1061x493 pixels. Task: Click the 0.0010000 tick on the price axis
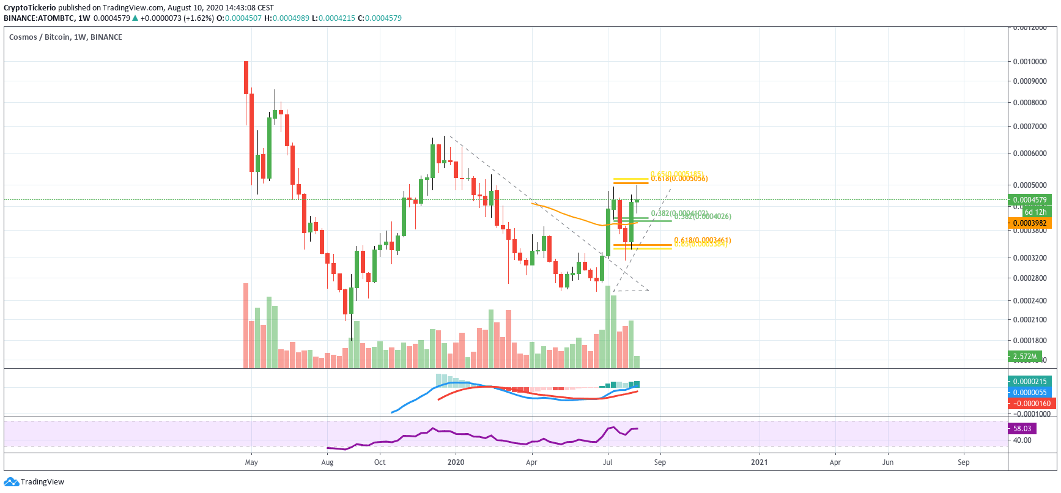[x=1029, y=62]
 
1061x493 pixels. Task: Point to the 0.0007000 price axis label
[x=1029, y=127]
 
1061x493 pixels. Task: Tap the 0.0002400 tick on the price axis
[x=1029, y=301]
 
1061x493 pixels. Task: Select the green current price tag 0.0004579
[x=1030, y=200]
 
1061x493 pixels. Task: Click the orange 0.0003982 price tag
[x=1030, y=223]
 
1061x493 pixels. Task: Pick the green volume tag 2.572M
[x=1025, y=357]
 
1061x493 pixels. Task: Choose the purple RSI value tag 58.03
[x=1022, y=429]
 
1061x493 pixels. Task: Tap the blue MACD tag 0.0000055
[x=1030, y=393]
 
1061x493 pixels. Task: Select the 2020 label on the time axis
[x=456, y=462]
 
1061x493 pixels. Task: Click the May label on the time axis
[x=251, y=462]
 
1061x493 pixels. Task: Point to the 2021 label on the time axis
[x=759, y=462]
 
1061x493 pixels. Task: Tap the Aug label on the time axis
[x=327, y=462]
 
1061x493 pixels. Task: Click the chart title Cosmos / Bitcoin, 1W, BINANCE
[x=65, y=37]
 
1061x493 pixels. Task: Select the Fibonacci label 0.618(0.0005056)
[x=679, y=179]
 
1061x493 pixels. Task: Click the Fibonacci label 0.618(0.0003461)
[x=702, y=240]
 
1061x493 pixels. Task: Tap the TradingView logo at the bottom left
[x=34, y=482]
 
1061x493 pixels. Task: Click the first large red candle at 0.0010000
[x=246, y=77]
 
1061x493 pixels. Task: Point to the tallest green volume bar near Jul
[x=607, y=327]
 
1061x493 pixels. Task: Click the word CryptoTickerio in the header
[x=29, y=8]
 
